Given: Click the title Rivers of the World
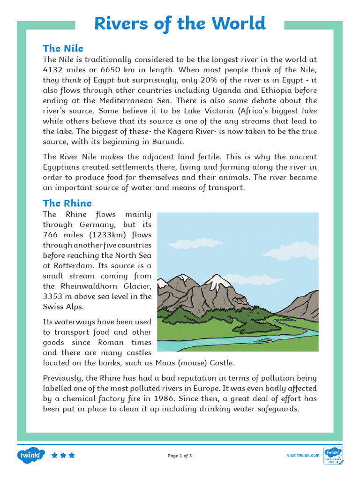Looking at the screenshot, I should click(180, 23).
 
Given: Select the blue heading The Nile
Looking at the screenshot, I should click(63, 48).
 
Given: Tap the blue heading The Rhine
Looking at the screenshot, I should click(67, 203).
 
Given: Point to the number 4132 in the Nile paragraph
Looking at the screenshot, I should click(53, 70).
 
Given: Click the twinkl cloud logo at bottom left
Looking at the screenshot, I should click(31, 455).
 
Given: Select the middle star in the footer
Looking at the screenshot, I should click(63, 455).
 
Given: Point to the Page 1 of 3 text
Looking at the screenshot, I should click(180, 456).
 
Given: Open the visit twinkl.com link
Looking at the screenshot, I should click(303, 455).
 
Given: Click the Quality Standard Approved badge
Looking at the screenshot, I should click(333, 455).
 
